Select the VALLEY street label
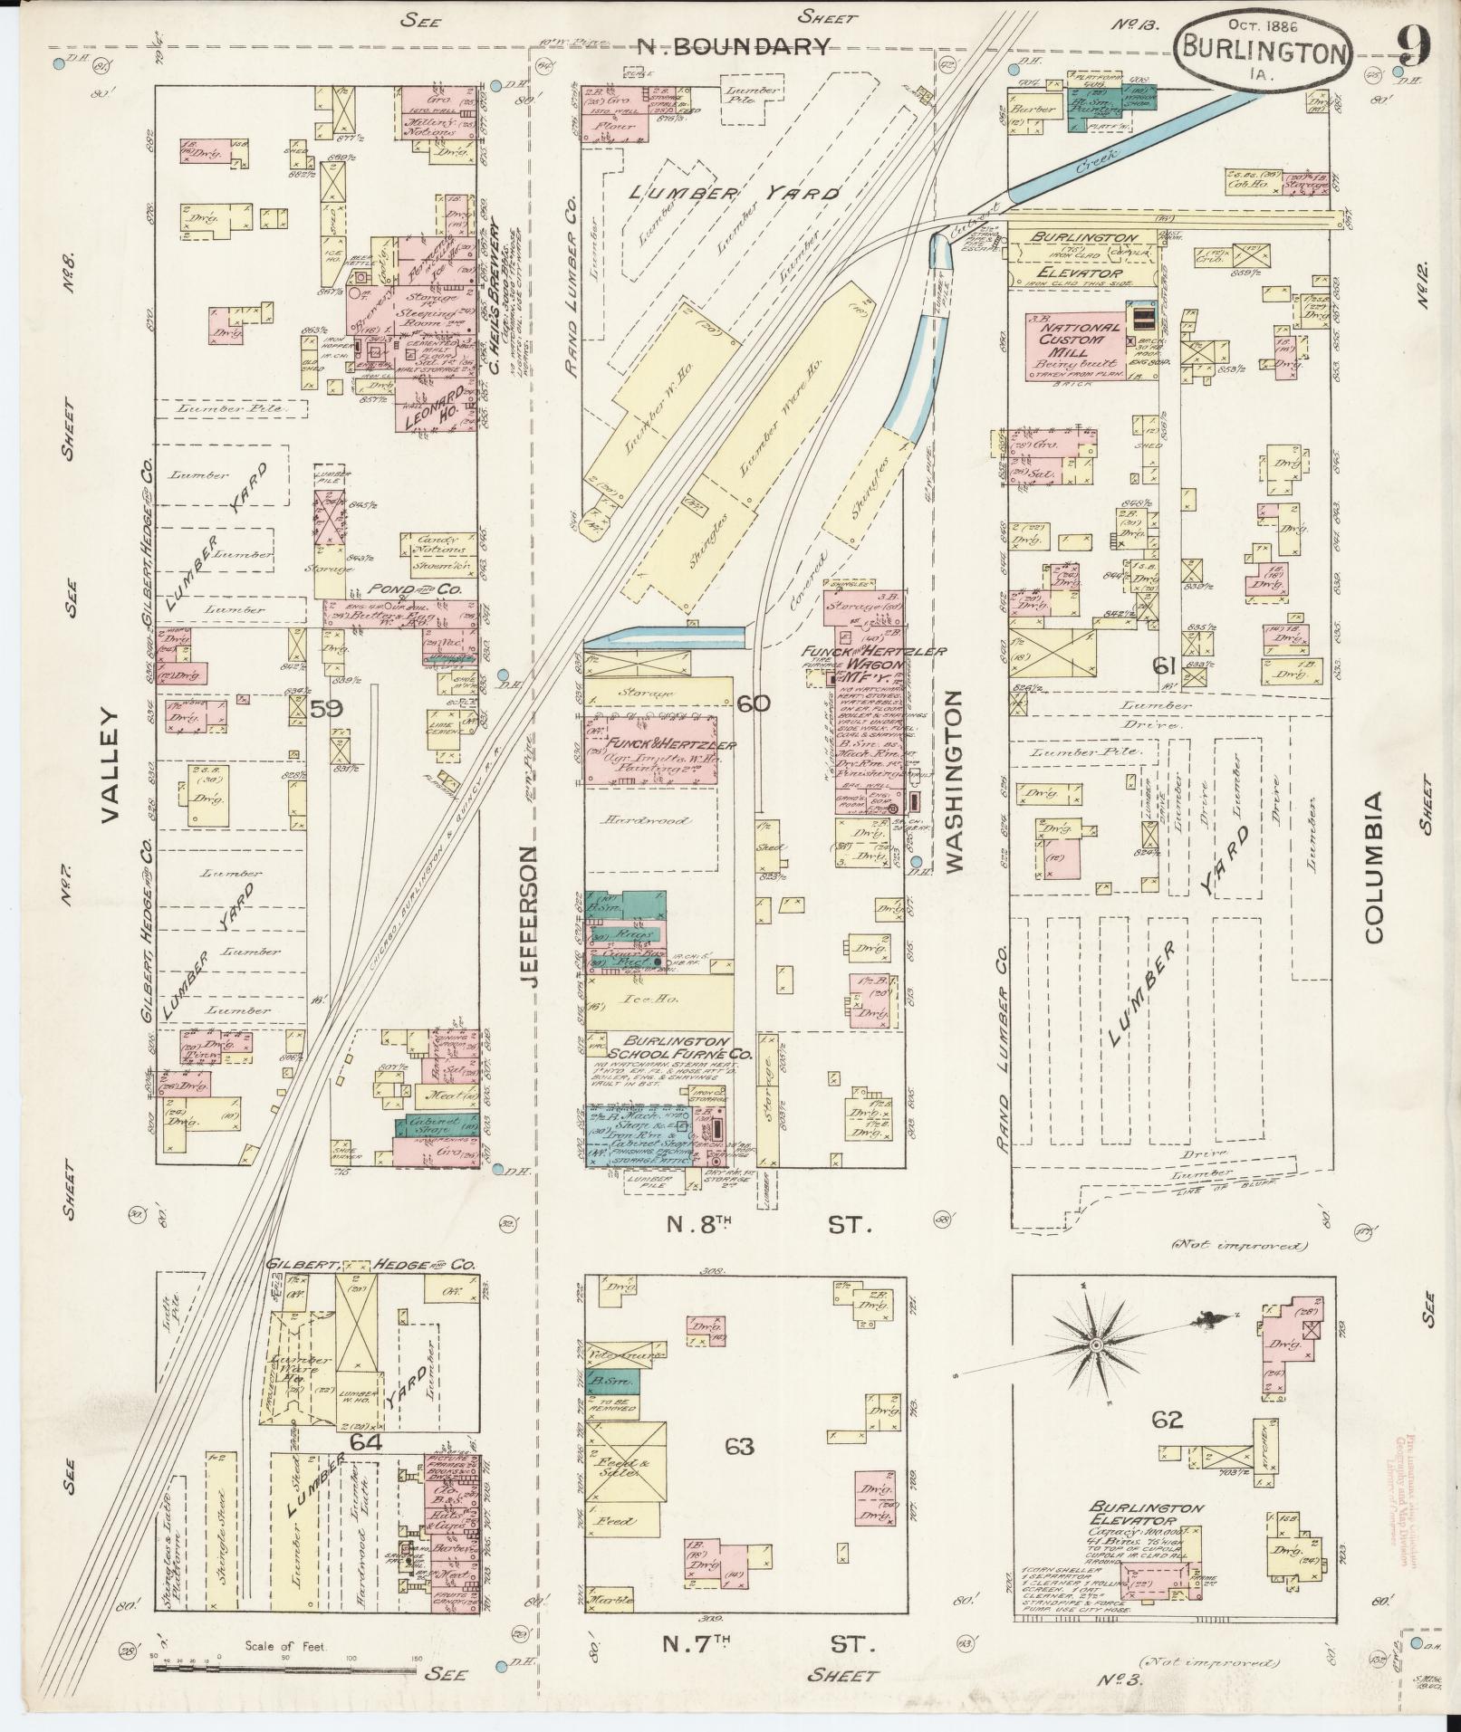click(x=110, y=765)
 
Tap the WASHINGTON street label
click(x=952, y=780)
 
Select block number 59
click(x=326, y=709)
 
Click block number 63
click(x=739, y=1447)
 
